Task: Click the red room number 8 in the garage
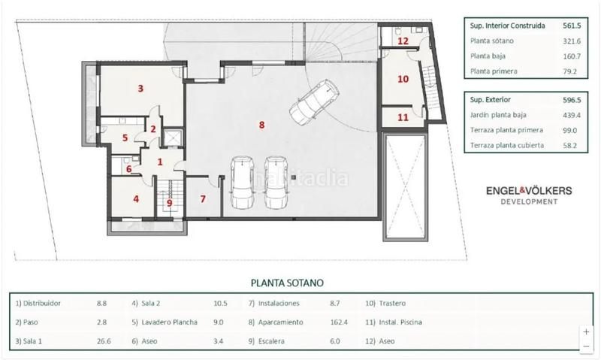[261, 125]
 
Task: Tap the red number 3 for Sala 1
[140, 88]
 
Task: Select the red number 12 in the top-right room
[403, 41]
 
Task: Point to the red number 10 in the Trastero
[403, 79]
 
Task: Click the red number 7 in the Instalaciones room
[203, 199]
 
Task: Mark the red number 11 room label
[403, 117]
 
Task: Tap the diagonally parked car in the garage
[313, 102]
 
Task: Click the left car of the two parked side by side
[242, 182]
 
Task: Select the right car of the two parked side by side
[276, 182]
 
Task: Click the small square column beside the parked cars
[294, 177]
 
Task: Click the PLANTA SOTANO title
[287, 283]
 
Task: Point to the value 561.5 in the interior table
[572, 26]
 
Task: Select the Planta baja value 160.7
[572, 56]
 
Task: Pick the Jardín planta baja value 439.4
[572, 115]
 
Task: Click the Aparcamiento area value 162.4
[339, 322]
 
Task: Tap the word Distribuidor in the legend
[42, 304]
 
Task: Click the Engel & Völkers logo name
[529, 191]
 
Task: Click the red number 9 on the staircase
[170, 203]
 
